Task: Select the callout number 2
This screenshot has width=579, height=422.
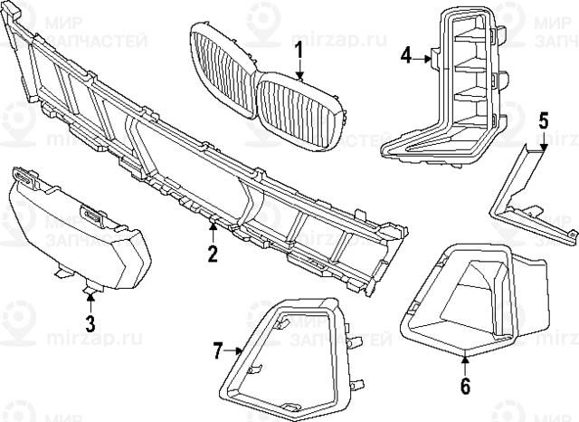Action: [x=213, y=253]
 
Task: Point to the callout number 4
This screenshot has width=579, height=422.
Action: [x=407, y=57]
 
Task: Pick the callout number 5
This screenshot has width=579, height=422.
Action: [x=543, y=120]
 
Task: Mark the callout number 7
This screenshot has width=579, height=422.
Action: [x=217, y=349]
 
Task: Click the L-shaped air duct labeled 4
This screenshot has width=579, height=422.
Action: [x=452, y=100]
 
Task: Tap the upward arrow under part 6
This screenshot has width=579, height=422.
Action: [x=466, y=362]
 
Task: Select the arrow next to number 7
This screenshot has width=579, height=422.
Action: [x=234, y=349]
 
